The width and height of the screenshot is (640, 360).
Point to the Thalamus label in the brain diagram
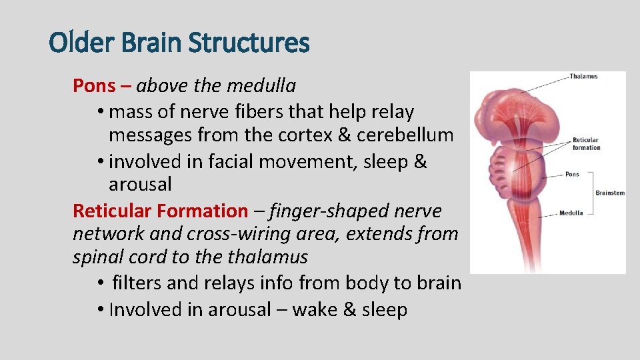tap(583, 77)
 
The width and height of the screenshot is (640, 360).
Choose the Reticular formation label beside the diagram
tap(586, 144)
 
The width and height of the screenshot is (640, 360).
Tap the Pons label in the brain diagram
tap(572, 175)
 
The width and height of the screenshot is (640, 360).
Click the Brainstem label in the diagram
tap(610, 193)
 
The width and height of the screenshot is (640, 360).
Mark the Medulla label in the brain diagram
tap(571, 213)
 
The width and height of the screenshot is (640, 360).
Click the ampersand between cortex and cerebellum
tap(345, 135)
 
